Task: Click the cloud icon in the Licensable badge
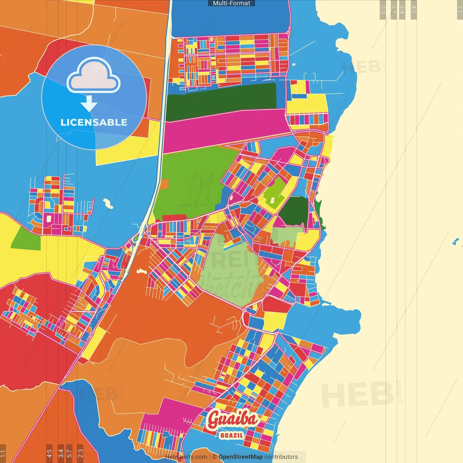pos(93,75)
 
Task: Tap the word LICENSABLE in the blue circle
pos(94,122)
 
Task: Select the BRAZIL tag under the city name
pos(231,436)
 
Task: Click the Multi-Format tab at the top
pos(231,3)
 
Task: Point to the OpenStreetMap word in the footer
pos(240,457)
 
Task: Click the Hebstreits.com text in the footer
pos(186,457)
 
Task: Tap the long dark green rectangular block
pos(221,102)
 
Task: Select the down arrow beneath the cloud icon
pos(89,104)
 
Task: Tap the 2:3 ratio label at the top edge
pos(383,9)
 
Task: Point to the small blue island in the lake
pos(455,242)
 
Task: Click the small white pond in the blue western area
pos(108,203)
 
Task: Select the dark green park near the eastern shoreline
pos(294,211)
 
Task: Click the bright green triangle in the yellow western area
pos(26,239)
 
